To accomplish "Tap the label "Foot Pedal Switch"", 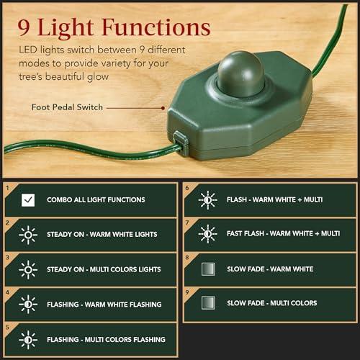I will (66, 107).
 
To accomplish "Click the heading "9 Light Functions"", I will (109, 28).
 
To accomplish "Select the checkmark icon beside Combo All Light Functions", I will (28, 199).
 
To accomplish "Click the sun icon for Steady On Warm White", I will (28, 234).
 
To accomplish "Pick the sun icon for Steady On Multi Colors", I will (28, 269).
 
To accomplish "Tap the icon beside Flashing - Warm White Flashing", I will (28, 304).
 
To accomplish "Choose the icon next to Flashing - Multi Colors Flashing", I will (28, 339).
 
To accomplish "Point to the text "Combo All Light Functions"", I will (96, 200).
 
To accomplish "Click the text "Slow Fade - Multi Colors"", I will (271, 304).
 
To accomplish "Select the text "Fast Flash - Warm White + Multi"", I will (283, 234).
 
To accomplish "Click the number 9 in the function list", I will (186, 292).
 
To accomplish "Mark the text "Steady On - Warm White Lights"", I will (102, 235).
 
